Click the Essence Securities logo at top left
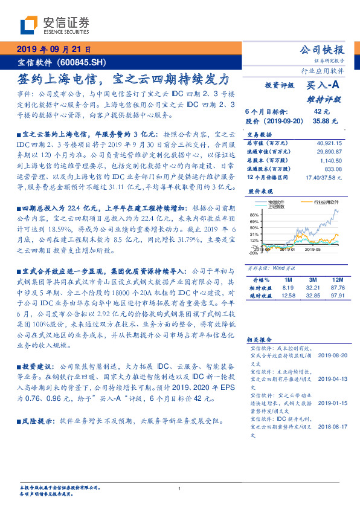(54, 25)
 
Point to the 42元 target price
(321, 111)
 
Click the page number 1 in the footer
(180, 488)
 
